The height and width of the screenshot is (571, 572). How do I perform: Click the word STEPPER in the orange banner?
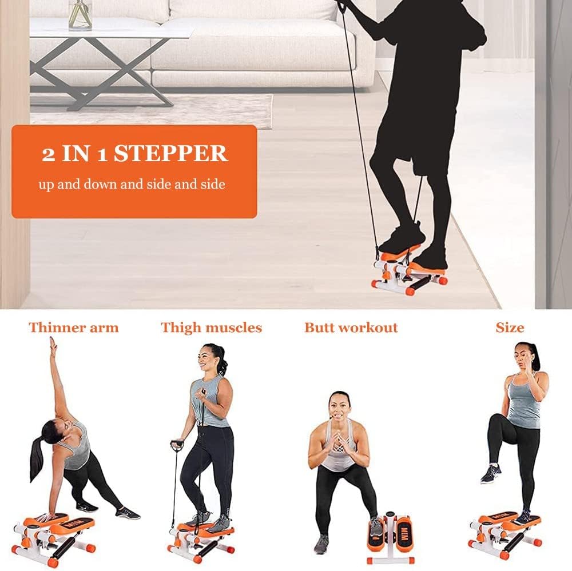pyautogui.click(x=170, y=153)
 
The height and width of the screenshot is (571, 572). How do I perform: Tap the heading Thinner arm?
pyautogui.click(x=74, y=328)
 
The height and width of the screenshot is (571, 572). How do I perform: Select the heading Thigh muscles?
pyautogui.click(x=212, y=328)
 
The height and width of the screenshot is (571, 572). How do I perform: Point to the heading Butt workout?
pyautogui.click(x=351, y=328)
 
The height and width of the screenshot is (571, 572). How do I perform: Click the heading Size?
pyautogui.click(x=510, y=328)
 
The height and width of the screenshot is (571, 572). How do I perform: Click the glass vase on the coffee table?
pyautogui.click(x=80, y=15)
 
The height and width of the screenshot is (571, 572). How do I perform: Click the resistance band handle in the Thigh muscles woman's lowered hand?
pyautogui.click(x=177, y=445)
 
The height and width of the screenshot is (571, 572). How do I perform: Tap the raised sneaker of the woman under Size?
pyautogui.click(x=491, y=473)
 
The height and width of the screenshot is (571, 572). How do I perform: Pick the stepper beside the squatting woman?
pyautogui.click(x=390, y=536)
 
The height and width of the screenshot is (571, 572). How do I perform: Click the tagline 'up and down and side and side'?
pyautogui.click(x=132, y=184)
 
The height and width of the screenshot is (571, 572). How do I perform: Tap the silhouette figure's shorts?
pyautogui.click(x=416, y=138)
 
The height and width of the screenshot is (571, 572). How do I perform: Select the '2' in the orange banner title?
pyautogui.click(x=48, y=154)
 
